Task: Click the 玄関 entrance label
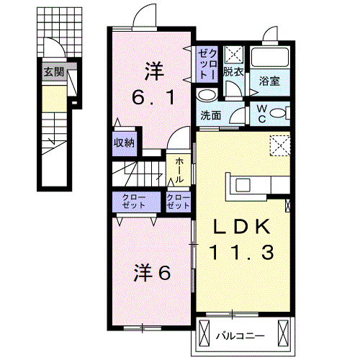[x=53, y=71]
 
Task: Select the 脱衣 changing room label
[x=232, y=72]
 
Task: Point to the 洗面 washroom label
[x=210, y=115]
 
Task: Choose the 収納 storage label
[x=123, y=143]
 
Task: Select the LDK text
[x=241, y=227]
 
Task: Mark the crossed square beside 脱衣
[x=233, y=55]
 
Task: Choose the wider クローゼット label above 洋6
[x=133, y=201]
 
